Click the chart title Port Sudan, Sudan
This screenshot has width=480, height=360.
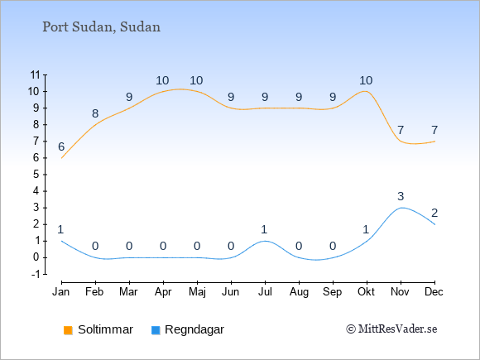click(101, 27)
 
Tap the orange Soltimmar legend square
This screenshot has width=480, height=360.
click(68, 330)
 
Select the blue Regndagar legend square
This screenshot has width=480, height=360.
click(156, 330)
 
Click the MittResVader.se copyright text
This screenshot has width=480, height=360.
click(391, 329)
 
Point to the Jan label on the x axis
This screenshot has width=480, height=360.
click(61, 292)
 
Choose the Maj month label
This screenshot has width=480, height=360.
click(197, 292)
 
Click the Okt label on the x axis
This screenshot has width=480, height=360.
click(366, 292)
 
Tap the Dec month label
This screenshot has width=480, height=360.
click(434, 292)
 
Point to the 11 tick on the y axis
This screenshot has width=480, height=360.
click(36, 74)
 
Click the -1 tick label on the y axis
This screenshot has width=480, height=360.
click(36, 274)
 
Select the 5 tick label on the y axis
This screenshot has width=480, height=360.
click(36, 175)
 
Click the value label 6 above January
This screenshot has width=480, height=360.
click(61, 147)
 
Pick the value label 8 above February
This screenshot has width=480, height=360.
click(95, 113)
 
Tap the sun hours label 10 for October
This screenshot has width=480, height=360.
click(366, 80)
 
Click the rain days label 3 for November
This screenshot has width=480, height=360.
click(401, 196)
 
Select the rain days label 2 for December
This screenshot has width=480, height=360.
click(434, 213)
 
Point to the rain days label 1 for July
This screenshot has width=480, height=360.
click(264, 229)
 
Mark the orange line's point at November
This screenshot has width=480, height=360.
click(401, 142)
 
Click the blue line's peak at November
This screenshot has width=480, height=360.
click(401, 208)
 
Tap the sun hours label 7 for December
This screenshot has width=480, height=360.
click(434, 131)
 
